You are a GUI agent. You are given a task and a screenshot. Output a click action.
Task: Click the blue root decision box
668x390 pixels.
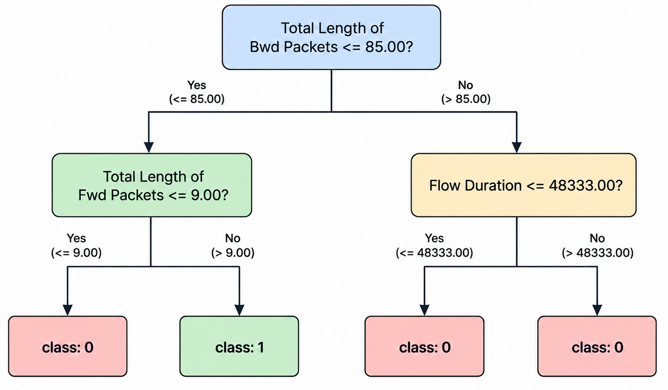(331, 37)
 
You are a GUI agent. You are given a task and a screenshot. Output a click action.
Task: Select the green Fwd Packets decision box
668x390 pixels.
(152, 185)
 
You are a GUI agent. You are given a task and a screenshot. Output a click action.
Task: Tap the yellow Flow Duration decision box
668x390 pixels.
(523, 185)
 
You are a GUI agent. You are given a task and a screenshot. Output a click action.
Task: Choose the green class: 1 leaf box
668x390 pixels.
(239, 346)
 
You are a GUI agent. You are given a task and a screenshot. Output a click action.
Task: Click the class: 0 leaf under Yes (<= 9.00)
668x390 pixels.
(68, 346)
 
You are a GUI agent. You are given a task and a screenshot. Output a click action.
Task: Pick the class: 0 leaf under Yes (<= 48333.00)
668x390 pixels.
(424, 346)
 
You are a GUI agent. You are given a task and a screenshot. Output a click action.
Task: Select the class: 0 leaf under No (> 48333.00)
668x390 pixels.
(597, 346)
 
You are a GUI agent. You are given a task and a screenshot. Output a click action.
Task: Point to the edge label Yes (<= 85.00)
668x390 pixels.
(197, 92)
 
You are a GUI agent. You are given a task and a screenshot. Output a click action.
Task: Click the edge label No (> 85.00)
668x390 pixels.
(466, 92)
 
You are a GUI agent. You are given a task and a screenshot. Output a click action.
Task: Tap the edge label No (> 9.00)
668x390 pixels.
(232, 246)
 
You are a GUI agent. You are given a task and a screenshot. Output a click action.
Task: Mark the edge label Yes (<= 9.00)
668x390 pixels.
(76, 246)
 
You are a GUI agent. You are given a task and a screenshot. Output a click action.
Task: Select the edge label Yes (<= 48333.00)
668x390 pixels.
(435, 246)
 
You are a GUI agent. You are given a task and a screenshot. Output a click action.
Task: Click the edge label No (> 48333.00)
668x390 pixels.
(598, 246)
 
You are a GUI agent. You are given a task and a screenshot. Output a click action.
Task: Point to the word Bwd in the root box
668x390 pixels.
(265, 47)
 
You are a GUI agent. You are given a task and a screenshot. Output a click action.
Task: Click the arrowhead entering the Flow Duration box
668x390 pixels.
(517, 148)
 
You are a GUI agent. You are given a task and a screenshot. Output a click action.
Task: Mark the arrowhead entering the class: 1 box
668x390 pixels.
(239, 310)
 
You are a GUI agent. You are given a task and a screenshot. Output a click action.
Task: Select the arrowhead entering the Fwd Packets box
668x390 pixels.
(149, 148)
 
